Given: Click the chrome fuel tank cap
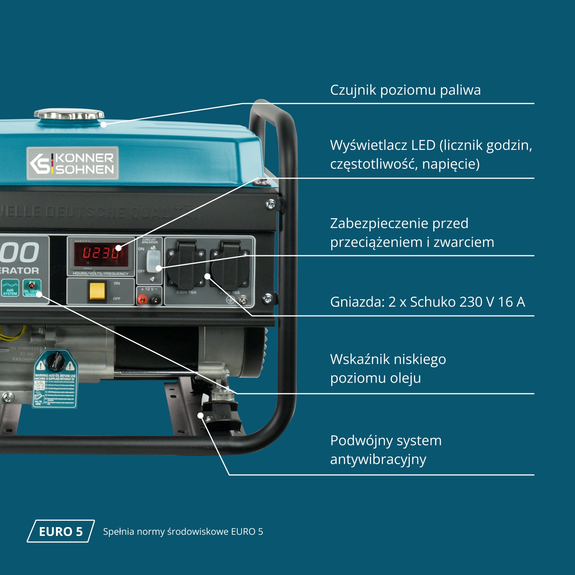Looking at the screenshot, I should [x=69, y=114].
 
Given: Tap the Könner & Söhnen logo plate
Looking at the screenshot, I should [x=72, y=163].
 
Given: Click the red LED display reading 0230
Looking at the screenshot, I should [x=101, y=253].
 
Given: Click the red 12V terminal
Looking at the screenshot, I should [x=143, y=299].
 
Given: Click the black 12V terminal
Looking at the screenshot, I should [x=155, y=299].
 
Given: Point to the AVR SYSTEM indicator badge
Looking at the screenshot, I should [x=10, y=287].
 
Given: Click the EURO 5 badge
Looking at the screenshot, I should [x=61, y=531].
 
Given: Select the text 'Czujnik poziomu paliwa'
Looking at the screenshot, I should [x=405, y=90].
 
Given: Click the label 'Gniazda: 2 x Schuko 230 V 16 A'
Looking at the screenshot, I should [x=427, y=302].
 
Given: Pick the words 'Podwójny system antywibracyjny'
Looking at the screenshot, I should [x=386, y=450].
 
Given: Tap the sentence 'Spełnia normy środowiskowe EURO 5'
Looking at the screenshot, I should [x=183, y=532].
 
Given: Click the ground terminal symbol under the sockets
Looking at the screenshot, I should [x=230, y=301].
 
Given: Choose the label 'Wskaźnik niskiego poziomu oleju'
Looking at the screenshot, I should [x=388, y=368].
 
